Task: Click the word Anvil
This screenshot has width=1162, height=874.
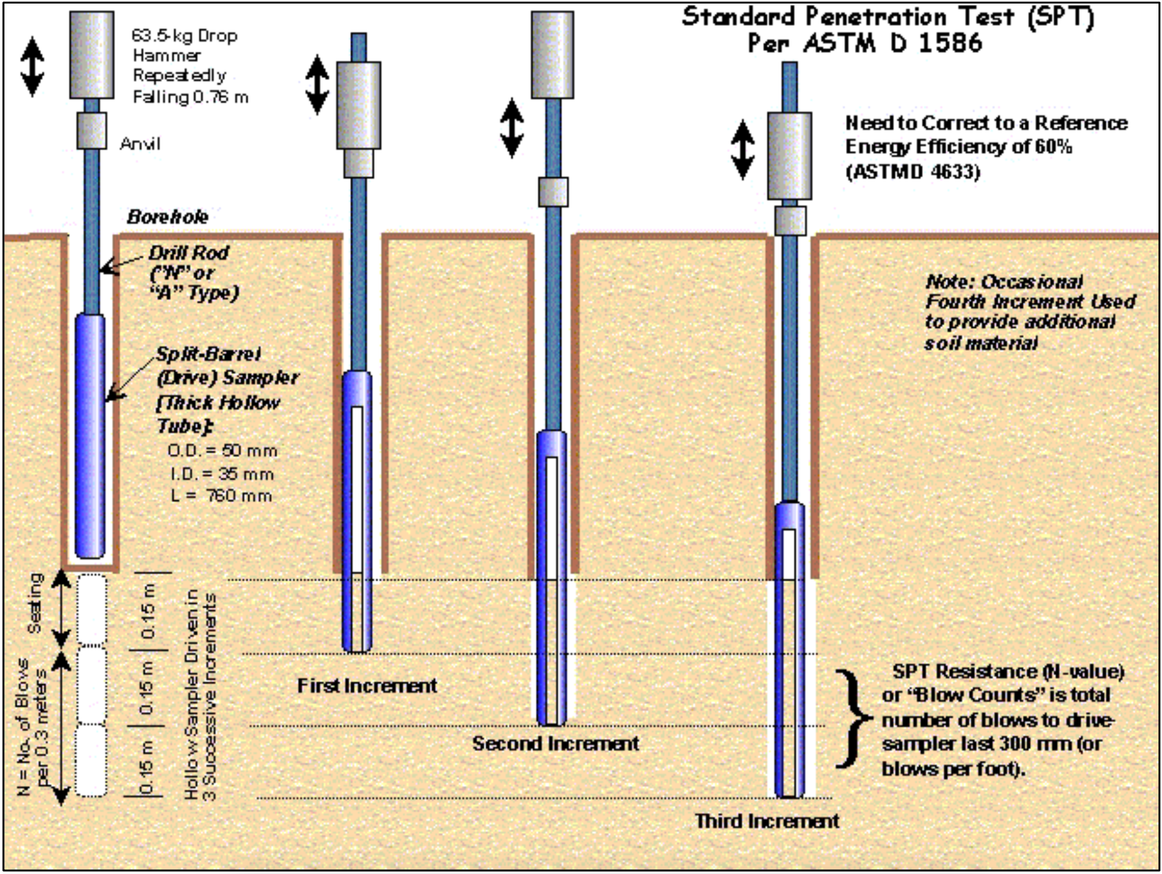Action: tap(140, 144)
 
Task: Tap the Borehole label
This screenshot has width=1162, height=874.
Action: tap(167, 217)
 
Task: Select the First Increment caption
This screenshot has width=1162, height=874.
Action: tap(367, 685)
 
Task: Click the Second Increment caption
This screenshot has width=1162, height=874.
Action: tap(556, 744)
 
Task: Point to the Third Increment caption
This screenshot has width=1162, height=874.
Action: tap(767, 821)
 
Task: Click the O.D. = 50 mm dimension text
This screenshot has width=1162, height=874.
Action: tap(222, 451)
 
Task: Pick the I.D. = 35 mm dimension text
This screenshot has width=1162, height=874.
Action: tap(222, 474)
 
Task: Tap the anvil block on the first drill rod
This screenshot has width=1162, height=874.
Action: tap(92, 130)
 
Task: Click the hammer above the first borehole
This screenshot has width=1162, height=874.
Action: tap(92, 55)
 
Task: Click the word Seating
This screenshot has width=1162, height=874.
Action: tap(35, 603)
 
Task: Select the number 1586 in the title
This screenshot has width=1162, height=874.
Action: tap(951, 43)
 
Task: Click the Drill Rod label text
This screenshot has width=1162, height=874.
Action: tap(189, 253)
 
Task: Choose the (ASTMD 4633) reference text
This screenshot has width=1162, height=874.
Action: tap(913, 172)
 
